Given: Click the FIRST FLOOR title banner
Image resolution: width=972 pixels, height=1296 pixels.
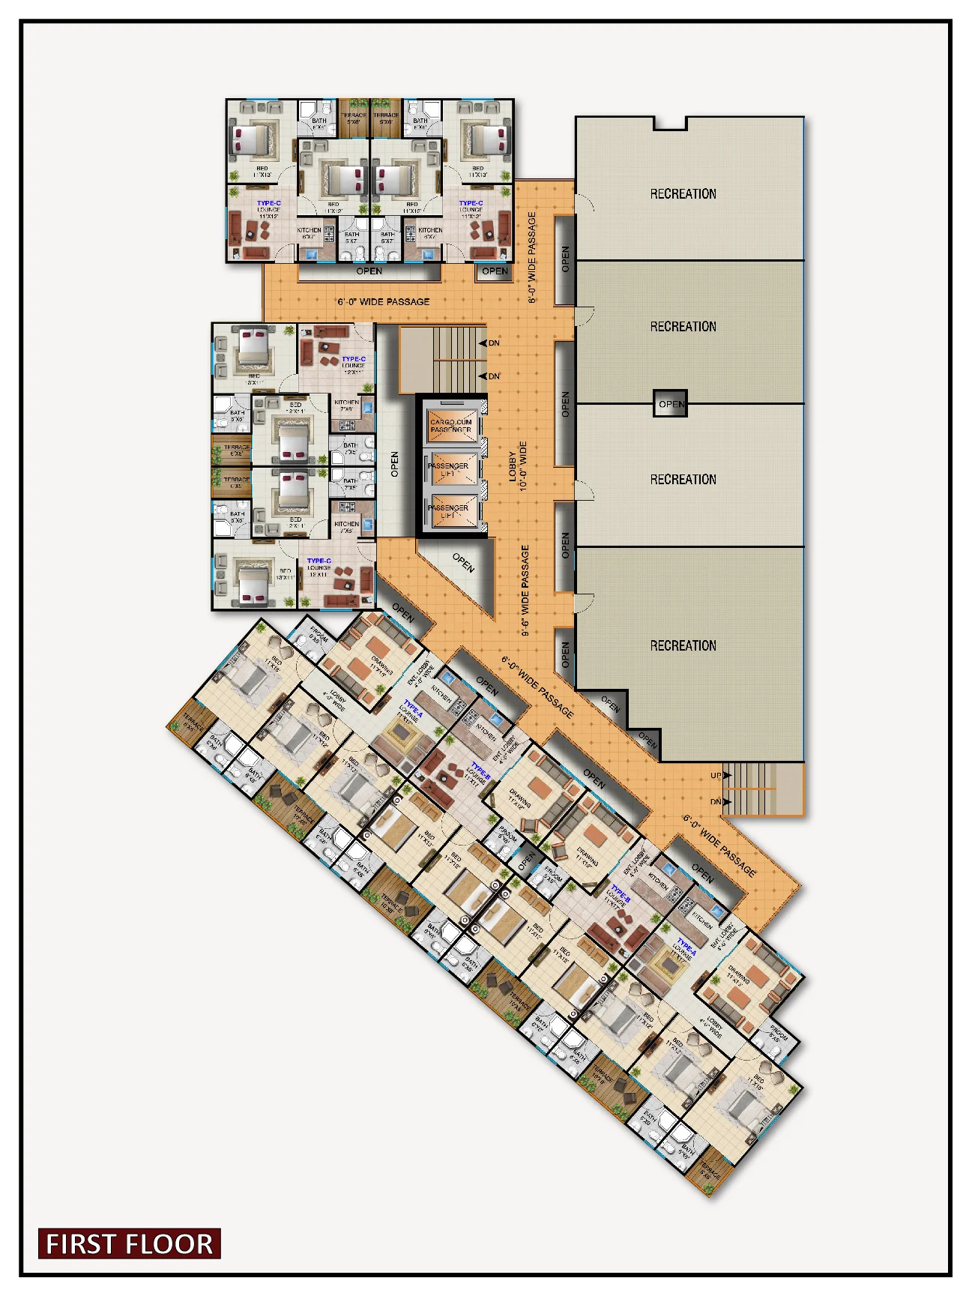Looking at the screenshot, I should point(129,1244).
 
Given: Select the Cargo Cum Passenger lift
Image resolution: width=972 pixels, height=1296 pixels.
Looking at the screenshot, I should point(450,425).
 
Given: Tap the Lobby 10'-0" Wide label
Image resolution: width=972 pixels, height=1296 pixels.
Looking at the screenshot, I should point(518,465).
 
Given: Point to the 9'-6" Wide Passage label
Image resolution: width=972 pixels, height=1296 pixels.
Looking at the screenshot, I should point(525,590).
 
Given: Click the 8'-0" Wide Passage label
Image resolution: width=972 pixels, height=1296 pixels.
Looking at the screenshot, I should point(532,257).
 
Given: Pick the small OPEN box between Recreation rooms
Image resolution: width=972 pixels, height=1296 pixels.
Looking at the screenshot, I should point(670,403).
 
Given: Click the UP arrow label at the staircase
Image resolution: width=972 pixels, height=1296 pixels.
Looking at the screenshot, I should point(716,775).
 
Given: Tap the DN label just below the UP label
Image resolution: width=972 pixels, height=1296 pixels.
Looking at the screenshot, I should point(716,801).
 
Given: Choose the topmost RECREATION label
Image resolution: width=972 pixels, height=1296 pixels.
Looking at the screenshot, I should point(683,193).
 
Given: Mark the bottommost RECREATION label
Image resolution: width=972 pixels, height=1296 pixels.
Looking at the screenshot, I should point(683,645).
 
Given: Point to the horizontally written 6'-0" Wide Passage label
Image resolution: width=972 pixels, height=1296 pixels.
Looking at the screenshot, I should point(383,301).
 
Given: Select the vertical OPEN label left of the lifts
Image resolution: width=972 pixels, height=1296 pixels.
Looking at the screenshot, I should point(395,465).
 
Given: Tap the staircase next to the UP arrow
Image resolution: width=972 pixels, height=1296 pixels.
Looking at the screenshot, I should point(757,789).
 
